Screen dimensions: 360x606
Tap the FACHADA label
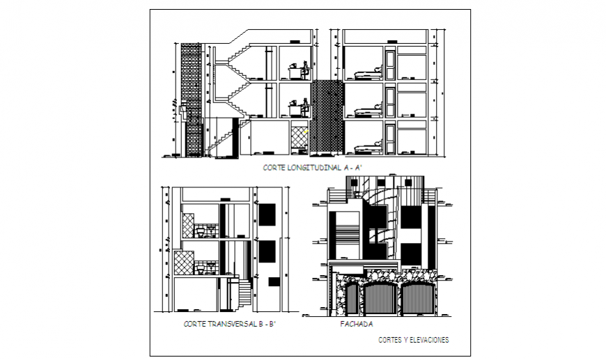pos(356,324)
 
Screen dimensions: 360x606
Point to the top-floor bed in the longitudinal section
pos(367,72)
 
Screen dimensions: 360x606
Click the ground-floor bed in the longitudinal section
pos(367,148)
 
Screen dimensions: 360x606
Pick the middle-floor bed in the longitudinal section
pos(367,111)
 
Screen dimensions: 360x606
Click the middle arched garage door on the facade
pos(380,299)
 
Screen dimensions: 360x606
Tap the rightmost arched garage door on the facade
pos(417,299)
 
